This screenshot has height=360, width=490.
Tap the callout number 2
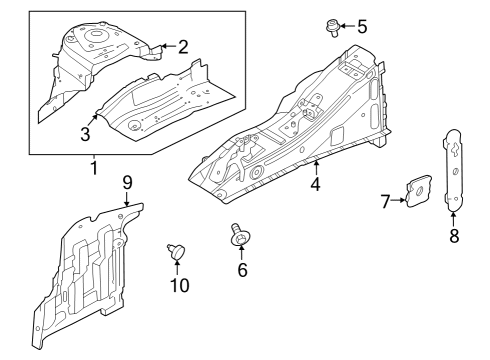tap(182, 45)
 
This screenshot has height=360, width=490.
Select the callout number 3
tap(86, 134)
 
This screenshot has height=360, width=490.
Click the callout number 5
tap(362, 25)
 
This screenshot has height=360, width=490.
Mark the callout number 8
tap(454, 238)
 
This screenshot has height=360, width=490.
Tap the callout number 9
tap(127, 181)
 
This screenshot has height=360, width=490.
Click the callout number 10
tap(179, 287)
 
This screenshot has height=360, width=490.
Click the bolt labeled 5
tap(333, 27)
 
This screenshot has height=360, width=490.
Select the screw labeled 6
tap(240, 234)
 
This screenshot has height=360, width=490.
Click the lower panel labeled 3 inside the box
tap(165, 105)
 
